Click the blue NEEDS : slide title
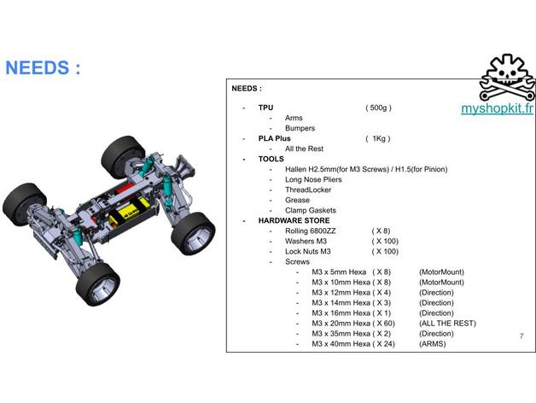pyautogui.click(x=43, y=67)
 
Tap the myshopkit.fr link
pyautogui.click(x=497, y=108)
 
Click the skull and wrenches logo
pyautogui.click(x=507, y=77)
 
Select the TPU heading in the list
pyautogui.click(x=265, y=108)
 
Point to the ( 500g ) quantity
pyautogui.click(x=378, y=108)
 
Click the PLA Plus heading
pyautogui.click(x=274, y=138)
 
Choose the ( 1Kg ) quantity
pyautogui.click(x=378, y=138)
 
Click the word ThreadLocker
pyautogui.click(x=308, y=190)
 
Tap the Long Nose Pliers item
pyautogui.click(x=313, y=179)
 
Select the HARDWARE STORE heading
pyautogui.click(x=294, y=220)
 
